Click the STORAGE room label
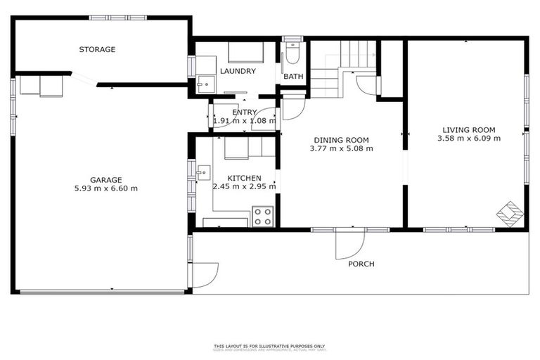[x=97, y=50]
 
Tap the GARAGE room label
[x=105, y=179]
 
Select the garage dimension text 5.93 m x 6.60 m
[x=105, y=188]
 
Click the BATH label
[x=292, y=77]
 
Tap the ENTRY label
[x=245, y=112]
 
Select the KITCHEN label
[x=244, y=178]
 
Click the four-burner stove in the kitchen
[x=263, y=216]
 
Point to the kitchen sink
[x=202, y=171]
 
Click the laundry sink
[x=204, y=84]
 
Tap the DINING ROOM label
[x=341, y=140]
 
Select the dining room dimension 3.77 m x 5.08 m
[x=341, y=149]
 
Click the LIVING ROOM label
[x=469, y=129]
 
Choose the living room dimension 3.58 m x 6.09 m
[x=469, y=139]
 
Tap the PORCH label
[x=361, y=264]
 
